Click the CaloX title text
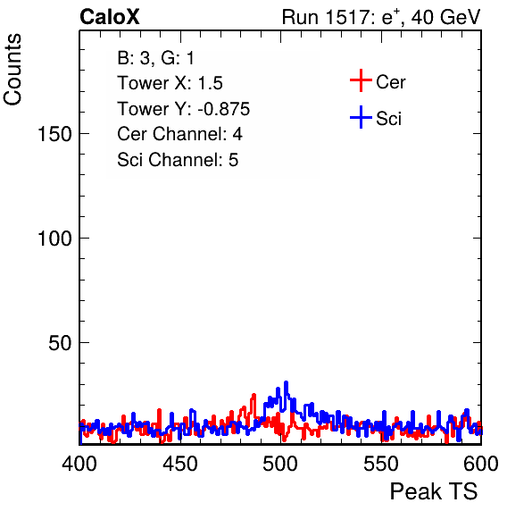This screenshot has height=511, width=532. coord(110,17)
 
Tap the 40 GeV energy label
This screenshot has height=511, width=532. coord(446,17)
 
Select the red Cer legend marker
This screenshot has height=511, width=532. coord(361,80)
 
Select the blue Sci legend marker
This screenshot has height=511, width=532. coord(361,117)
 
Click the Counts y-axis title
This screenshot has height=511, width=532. coord(12,70)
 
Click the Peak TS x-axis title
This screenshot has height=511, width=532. coord(434,491)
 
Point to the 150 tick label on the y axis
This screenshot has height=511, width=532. coord(54,134)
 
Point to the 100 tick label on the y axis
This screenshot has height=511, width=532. coord(54,239)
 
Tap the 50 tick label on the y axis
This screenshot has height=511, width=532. coord(60,343)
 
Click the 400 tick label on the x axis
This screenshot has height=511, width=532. coord(79,464)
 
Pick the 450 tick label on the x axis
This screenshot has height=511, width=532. coord(180,464)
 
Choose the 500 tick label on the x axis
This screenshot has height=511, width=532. coord(280,464)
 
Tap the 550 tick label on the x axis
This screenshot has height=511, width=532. coord(381,464)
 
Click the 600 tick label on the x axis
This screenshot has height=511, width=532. coord(481,464)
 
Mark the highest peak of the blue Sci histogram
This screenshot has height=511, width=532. coord(286,382)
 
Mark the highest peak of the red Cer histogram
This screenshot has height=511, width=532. coord(254,395)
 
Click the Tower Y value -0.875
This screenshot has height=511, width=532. coord(224,109)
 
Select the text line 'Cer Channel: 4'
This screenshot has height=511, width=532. coord(179,134)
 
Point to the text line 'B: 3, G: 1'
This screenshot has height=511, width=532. coord(155,58)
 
